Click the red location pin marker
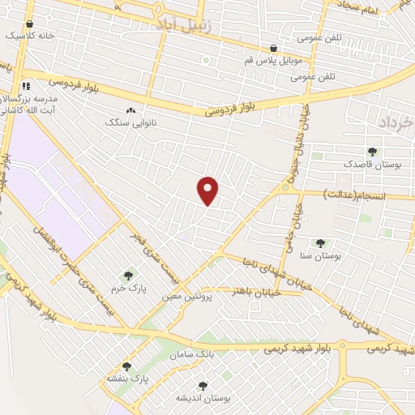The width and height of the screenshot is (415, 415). click(208, 190)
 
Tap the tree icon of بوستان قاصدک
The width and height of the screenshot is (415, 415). click(372, 152)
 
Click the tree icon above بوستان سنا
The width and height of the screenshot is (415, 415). click(320, 242)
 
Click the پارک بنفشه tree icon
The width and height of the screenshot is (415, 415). click(126, 366)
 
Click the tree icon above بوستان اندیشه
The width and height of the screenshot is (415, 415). click(202, 386)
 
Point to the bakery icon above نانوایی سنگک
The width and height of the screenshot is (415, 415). click(130, 109)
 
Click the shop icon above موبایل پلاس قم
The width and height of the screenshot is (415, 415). click(274, 48)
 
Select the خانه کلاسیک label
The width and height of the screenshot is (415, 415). click(29, 36)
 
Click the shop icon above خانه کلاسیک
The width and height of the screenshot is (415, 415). click(29, 24)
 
